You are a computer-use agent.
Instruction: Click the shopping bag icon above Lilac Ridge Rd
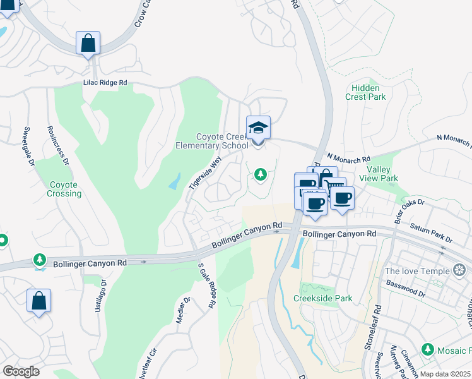coord(88,44)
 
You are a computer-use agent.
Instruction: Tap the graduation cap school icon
coord(258,128)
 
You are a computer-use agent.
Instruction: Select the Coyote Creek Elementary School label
coord(213,141)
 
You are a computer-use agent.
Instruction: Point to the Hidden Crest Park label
coord(365,92)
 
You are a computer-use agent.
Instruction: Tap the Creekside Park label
coord(322,298)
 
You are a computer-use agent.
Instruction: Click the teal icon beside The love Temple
coord(459,271)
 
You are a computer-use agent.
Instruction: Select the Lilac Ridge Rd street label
coord(105,83)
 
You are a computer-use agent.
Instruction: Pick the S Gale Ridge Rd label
coord(206,286)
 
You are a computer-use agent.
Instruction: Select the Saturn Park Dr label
coord(432,232)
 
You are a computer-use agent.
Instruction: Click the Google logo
coord(21,371)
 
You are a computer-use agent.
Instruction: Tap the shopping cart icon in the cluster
coord(334,184)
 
